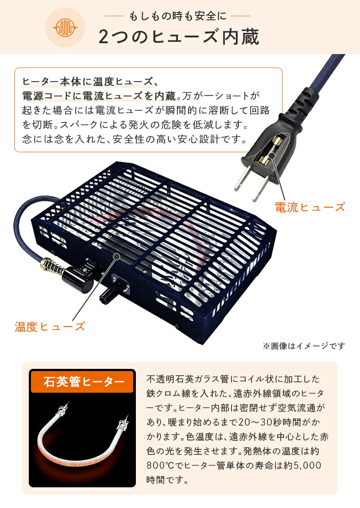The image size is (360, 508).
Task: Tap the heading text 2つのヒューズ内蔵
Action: (179, 37)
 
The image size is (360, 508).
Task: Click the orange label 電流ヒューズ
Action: (310, 207)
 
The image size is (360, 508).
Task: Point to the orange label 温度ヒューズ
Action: (49, 327)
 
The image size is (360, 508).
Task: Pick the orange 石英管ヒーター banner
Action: (82, 383)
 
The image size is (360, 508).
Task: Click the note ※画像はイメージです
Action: (304, 346)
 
